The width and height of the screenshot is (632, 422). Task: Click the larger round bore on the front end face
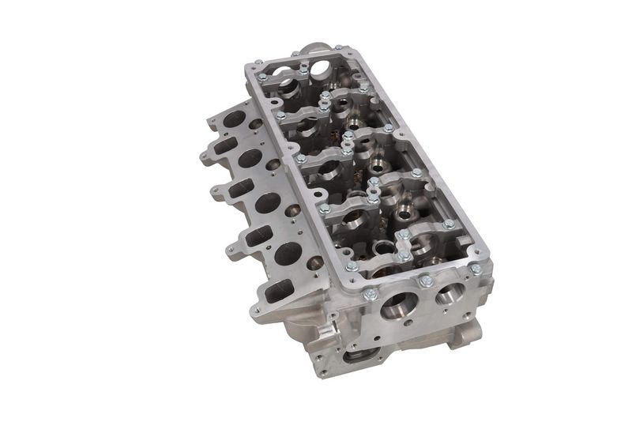tap(397, 304)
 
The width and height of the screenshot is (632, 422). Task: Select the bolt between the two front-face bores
tap(427, 281)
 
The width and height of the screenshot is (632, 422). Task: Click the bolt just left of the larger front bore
tap(369, 296)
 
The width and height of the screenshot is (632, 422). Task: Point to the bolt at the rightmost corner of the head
tap(476, 269)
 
